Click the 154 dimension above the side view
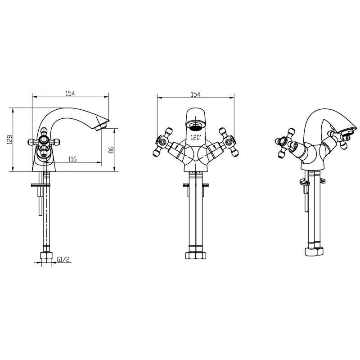click(70, 94)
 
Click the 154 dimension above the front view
click(195, 94)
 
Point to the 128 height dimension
click(9, 139)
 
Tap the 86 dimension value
click(111, 150)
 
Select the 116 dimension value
click(72, 159)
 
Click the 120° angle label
click(196, 138)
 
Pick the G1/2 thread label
click(63, 260)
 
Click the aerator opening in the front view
click(195, 126)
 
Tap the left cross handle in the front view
click(162, 142)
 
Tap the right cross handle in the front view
click(229, 142)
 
